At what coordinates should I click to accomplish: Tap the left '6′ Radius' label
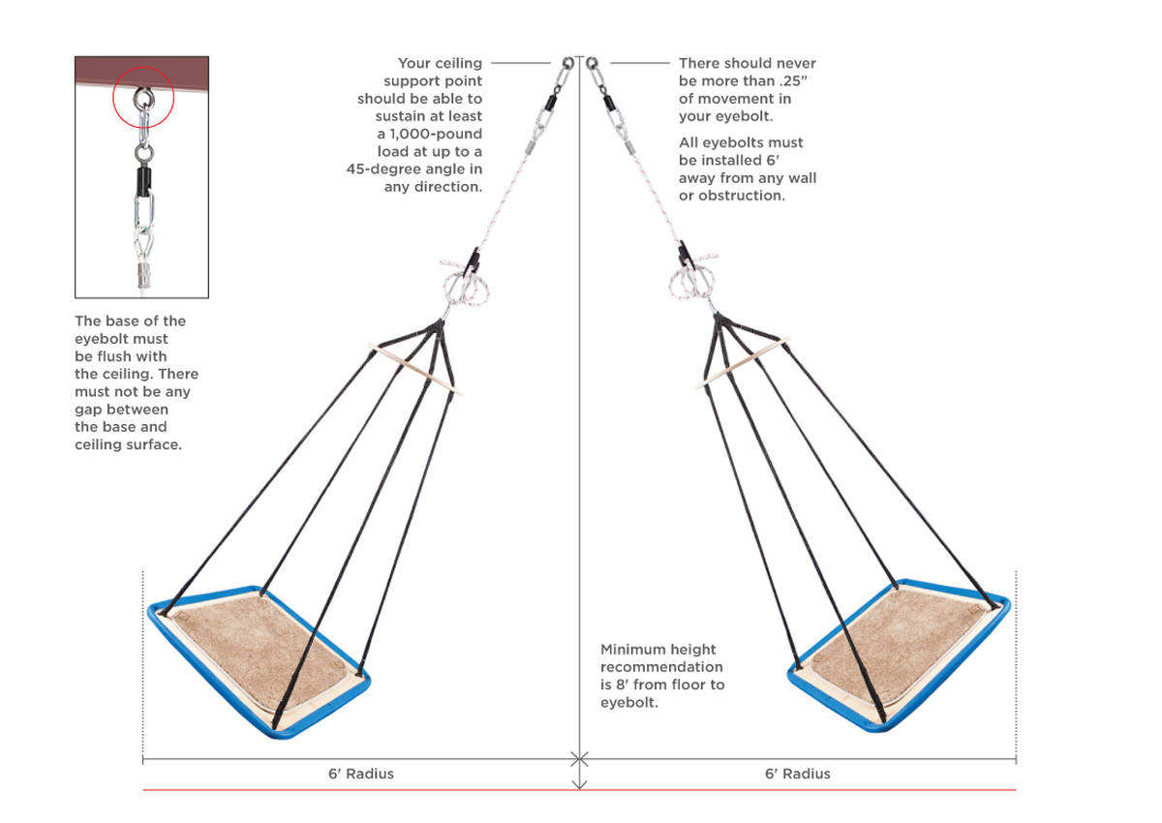[361, 774]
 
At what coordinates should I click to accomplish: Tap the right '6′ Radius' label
[798, 774]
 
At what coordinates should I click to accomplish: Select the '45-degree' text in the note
[384, 168]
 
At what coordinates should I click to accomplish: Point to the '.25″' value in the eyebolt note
[805, 81]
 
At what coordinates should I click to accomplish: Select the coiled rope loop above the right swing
[693, 282]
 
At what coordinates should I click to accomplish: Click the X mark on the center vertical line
[579, 757]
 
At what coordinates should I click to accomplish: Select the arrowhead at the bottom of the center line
[579, 784]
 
